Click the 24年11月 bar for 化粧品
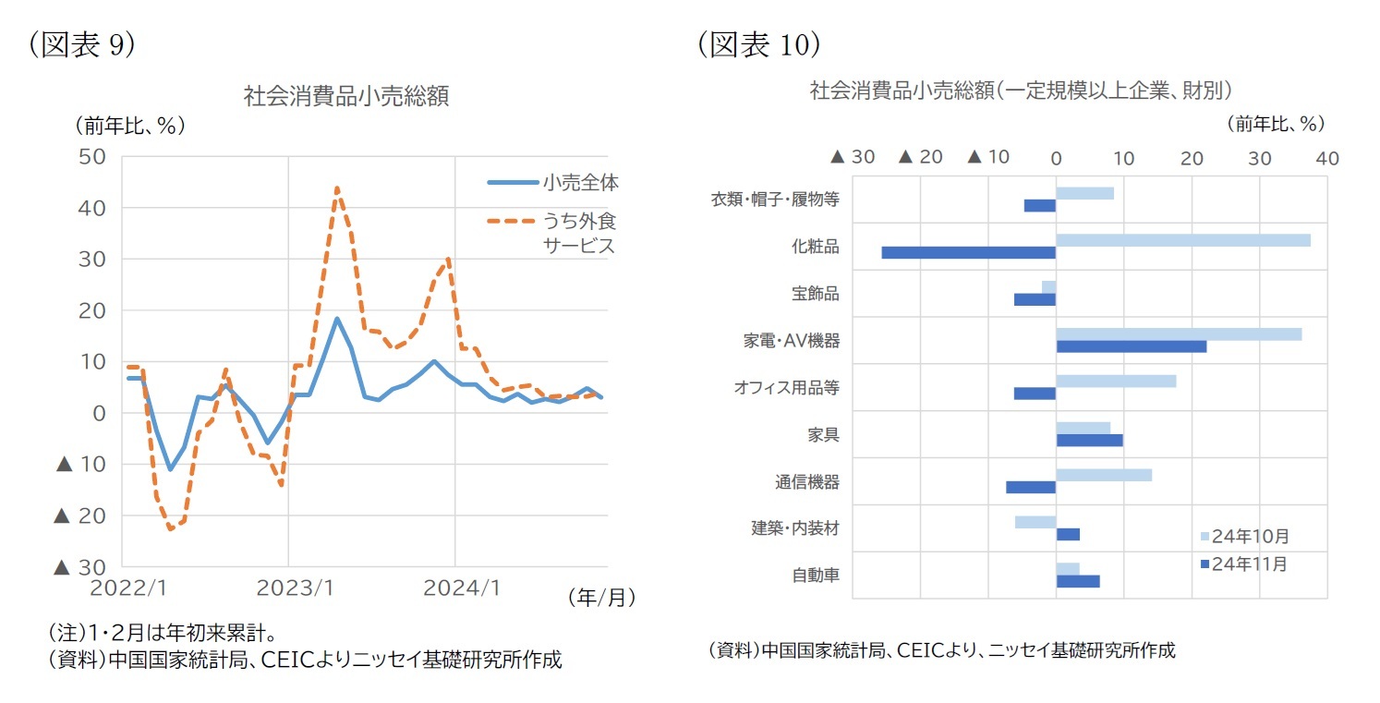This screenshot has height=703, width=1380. click(968, 252)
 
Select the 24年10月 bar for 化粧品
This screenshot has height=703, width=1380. click(1182, 240)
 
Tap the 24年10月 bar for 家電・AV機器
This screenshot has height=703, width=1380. click(1178, 334)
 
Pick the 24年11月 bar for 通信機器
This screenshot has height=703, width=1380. click(1030, 487)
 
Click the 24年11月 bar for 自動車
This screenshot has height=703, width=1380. click(1077, 581)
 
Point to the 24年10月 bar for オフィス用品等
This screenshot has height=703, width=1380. click(1115, 381)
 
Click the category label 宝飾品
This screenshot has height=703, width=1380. click(815, 294)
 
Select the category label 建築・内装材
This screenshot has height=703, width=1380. click(794, 528)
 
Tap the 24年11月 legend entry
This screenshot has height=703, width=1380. click(1242, 564)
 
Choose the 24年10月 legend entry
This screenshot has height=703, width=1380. click(1242, 536)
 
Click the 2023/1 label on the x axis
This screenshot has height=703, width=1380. click(288, 588)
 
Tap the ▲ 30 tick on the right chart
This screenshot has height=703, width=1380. click(853, 158)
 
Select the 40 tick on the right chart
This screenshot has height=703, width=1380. click(1326, 158)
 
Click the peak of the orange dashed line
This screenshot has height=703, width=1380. click(337, 188)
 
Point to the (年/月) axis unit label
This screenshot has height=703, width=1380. click(601, 598)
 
